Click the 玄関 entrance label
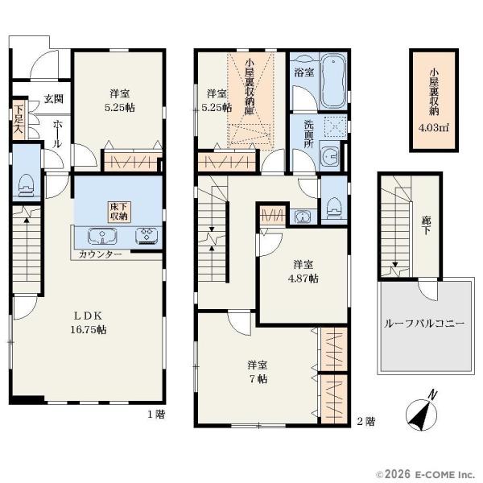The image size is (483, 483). (54, 99)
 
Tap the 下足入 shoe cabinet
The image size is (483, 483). (19, 119)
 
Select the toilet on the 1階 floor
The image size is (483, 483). (26, 186)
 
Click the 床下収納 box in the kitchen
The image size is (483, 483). (118, 212)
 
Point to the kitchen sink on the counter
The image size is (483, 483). (102, 237)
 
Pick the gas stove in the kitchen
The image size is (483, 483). (147, 236)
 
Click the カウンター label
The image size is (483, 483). (101, 254)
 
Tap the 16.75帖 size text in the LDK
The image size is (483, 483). (89, 330)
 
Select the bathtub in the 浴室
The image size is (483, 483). (333, 80)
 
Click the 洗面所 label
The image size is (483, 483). (308, 134)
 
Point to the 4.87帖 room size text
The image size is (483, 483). (303, 279)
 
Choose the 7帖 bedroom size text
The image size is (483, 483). (258, 379)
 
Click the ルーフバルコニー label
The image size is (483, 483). (424, 324)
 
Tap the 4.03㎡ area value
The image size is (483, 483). (434, 127)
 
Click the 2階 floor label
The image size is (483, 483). (366, 421)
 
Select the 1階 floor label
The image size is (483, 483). (156, 415)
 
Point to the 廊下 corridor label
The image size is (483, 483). (427, 225)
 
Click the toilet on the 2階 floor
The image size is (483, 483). (333, 208)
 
